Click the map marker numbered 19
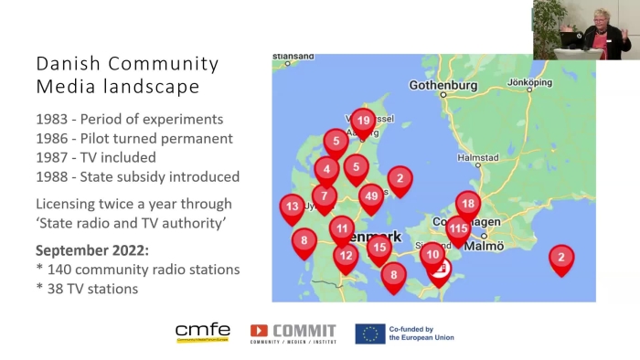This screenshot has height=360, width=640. click(363, 121)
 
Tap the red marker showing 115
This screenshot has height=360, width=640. click(458, 228)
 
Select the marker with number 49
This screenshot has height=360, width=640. click(371, 196)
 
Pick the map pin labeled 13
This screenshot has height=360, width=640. click(292, 207)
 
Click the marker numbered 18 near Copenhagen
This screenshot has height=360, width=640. click(468, 205)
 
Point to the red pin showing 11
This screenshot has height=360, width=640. click(342, 228)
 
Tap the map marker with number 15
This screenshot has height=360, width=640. click(379, 246)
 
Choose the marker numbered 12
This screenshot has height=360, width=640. click(346, 256)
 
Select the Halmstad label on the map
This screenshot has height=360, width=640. click(478, 157)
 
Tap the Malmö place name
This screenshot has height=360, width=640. click(489, 246)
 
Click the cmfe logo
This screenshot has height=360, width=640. click(203, 333)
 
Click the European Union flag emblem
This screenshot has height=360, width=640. click(370, 334)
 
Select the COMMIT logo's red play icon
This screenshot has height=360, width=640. click(260, 331)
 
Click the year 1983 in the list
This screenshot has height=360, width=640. click(51, 120)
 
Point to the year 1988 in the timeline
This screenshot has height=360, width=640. click(52, 176)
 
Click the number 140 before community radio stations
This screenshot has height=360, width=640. click(60, 270)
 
